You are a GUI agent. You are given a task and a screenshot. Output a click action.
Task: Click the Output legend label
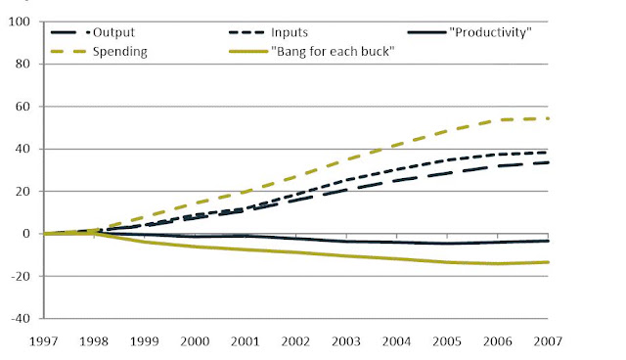(x=113, y=32)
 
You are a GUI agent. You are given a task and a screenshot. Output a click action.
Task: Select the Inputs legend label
(x=290, y=32)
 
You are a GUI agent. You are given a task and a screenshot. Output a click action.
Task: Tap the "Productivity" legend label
(x=490, y=32)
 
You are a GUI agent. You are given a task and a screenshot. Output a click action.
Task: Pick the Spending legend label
(x=120, y=52)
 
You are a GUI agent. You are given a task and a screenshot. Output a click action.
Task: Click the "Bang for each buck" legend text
(x=333, y=52)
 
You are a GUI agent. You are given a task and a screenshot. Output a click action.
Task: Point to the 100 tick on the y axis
(x=20, y=22)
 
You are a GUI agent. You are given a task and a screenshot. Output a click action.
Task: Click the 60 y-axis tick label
(x=23, y=107)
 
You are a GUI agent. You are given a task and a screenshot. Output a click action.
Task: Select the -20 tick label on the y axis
(x=20, y=276)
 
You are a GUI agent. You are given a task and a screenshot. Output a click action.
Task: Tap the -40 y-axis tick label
(x=20, y=319)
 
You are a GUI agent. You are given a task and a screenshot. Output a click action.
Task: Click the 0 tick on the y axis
(x=26, y=234)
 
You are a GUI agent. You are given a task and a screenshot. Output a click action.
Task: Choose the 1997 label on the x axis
(x=43, y=341)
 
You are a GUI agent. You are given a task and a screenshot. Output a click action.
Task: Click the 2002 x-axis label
(x=295, y=341)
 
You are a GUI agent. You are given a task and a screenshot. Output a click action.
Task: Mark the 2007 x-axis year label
(x=548, y=341)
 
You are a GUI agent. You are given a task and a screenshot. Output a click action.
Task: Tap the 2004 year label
(x=396, y=341)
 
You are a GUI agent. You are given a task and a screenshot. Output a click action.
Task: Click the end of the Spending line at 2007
(x=548, y=118)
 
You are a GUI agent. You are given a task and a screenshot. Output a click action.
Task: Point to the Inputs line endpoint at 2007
(x=548, y=153)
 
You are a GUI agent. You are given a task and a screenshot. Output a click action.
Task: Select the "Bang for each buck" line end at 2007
(x=548, y=262)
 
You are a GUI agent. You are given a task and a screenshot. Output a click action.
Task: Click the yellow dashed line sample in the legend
(x=68, y=52)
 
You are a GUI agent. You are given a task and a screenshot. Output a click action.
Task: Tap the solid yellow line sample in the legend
(x=247, y=52)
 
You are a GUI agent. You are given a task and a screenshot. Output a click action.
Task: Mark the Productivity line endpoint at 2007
(x=548, y=241)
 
